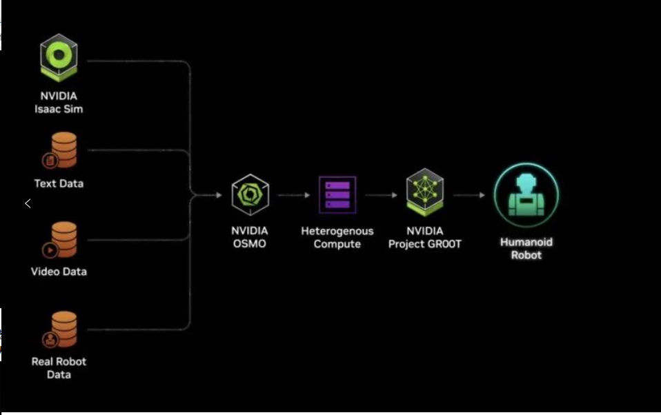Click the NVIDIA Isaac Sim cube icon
[x=59, y=57]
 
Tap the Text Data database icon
[x=59, y=150]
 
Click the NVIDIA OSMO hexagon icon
[x=250, y=195]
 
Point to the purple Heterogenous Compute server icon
[x=337, y=195]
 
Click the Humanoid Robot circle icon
[x=526, y=196]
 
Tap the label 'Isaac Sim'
[x=59, y=109]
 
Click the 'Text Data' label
[x=59, y=183]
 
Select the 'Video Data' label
[x=59, y=272]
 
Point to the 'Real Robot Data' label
[x=59, y=368]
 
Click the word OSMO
[x=250, y=244]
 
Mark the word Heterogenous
[x=337, y=231]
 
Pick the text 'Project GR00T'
[x=425, y=244]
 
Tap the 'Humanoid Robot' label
[x=526, y=248]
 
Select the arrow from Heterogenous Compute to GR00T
[x=381, y=195]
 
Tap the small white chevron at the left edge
[x=28, y=203]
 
